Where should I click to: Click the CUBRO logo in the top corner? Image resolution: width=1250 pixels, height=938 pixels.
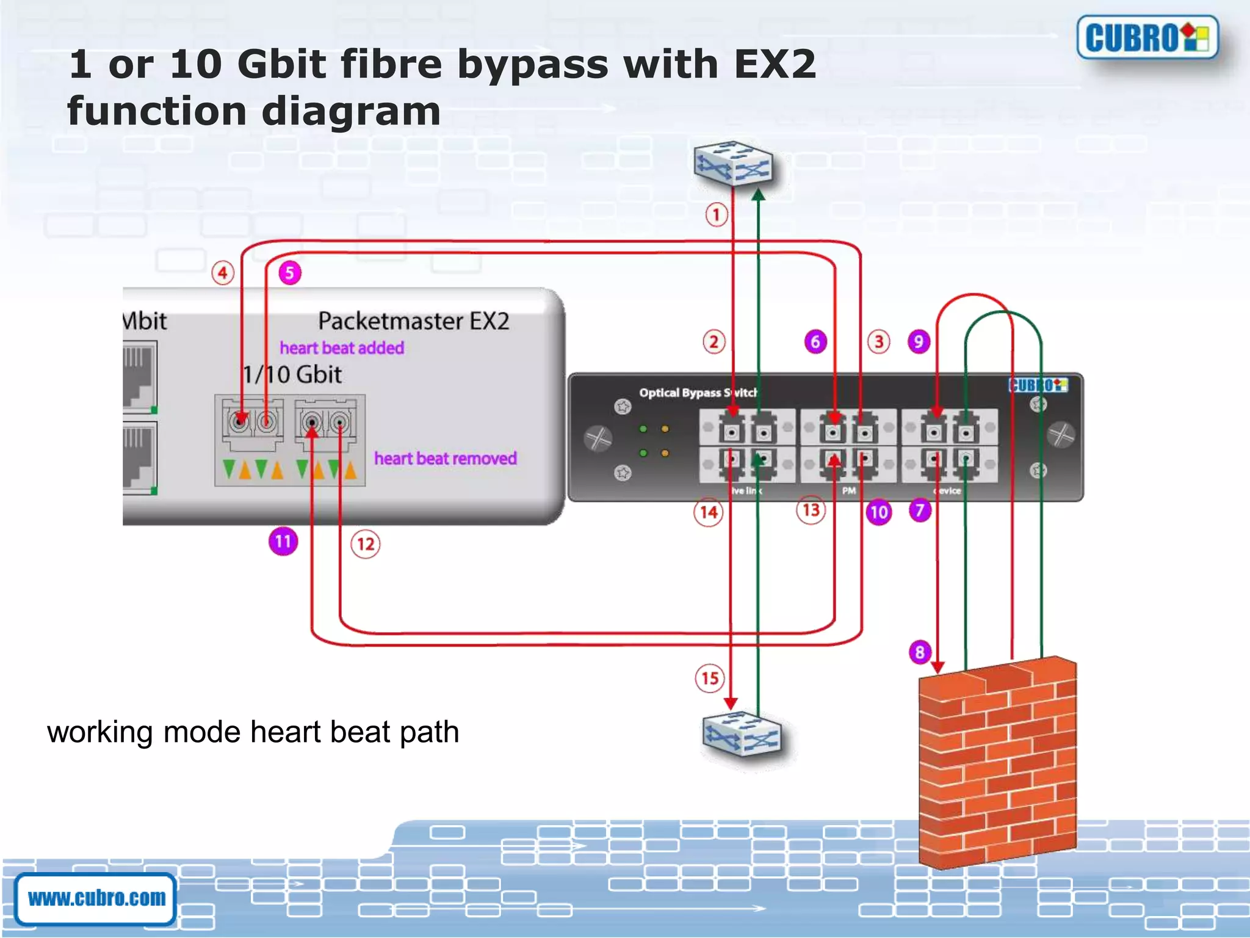coord(1147,37)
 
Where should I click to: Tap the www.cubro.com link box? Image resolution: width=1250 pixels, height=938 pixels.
coord(96,898)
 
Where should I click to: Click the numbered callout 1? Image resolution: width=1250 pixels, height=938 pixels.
coord(717,215)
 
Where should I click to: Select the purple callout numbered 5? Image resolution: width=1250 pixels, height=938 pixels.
coord(290,273)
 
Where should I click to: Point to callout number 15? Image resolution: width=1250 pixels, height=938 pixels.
coord(710,678)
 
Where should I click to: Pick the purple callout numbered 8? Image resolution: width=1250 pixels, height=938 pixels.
coord(920,652)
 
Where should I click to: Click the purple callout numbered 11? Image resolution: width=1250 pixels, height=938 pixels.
coord(283,542)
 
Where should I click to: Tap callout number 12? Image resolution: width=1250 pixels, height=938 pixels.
coord(365,544)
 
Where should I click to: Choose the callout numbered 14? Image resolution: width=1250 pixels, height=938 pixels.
coord(708,512)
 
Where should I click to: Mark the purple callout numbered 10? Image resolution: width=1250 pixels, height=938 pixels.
coord(878,512)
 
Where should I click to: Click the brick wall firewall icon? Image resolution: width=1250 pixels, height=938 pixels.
coord(997,763)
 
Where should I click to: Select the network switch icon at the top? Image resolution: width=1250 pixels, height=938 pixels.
coord(732,164)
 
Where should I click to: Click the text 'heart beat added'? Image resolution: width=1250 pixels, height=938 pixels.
coord(342,348)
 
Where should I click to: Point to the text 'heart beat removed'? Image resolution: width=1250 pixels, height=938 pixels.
coord(445,459)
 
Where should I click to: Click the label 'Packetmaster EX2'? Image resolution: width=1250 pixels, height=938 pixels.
coord(413,321)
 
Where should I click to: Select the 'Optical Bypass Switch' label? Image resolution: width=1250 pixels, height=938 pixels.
coord(698,393)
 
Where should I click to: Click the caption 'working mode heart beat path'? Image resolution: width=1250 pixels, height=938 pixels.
coord(253,732)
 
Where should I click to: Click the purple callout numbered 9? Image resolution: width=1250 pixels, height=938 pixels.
coord(919,341)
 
